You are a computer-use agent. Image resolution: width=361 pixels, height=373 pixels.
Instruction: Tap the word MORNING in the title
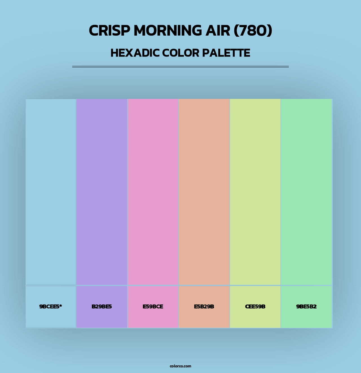[168, 31]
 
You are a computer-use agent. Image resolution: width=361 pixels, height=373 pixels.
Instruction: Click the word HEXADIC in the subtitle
[135, 53]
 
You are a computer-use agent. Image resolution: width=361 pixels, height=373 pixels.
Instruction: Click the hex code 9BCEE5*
[50, 307]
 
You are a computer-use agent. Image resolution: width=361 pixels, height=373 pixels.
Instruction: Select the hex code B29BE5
[102, 307]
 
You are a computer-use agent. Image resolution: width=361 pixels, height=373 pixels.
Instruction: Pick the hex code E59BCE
[153, 307]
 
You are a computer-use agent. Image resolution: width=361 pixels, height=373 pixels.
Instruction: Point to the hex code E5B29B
[204, 307]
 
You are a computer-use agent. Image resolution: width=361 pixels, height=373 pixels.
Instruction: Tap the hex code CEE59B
[255, 307]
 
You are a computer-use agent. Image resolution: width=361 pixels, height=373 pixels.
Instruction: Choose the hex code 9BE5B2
[306, 307]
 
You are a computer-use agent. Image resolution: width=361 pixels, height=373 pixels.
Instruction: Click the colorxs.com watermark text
[180, 366]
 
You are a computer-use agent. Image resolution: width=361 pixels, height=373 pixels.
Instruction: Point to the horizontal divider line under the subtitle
[180, 67]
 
